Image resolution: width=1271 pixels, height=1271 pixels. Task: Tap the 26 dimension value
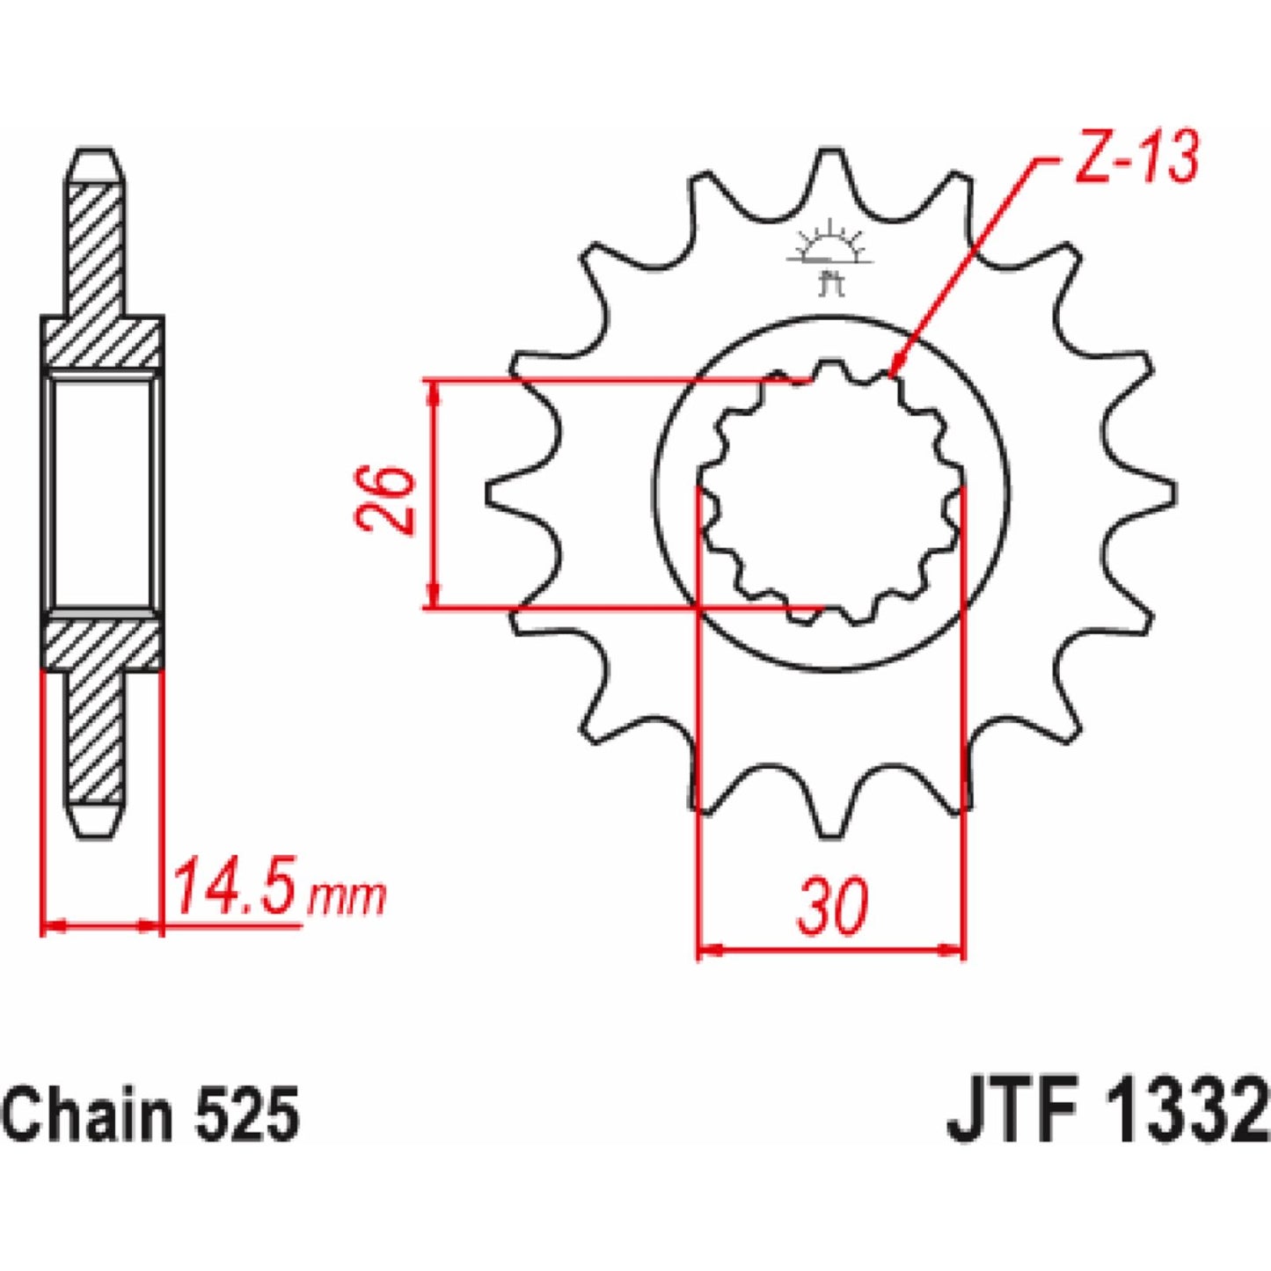(383, 500)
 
